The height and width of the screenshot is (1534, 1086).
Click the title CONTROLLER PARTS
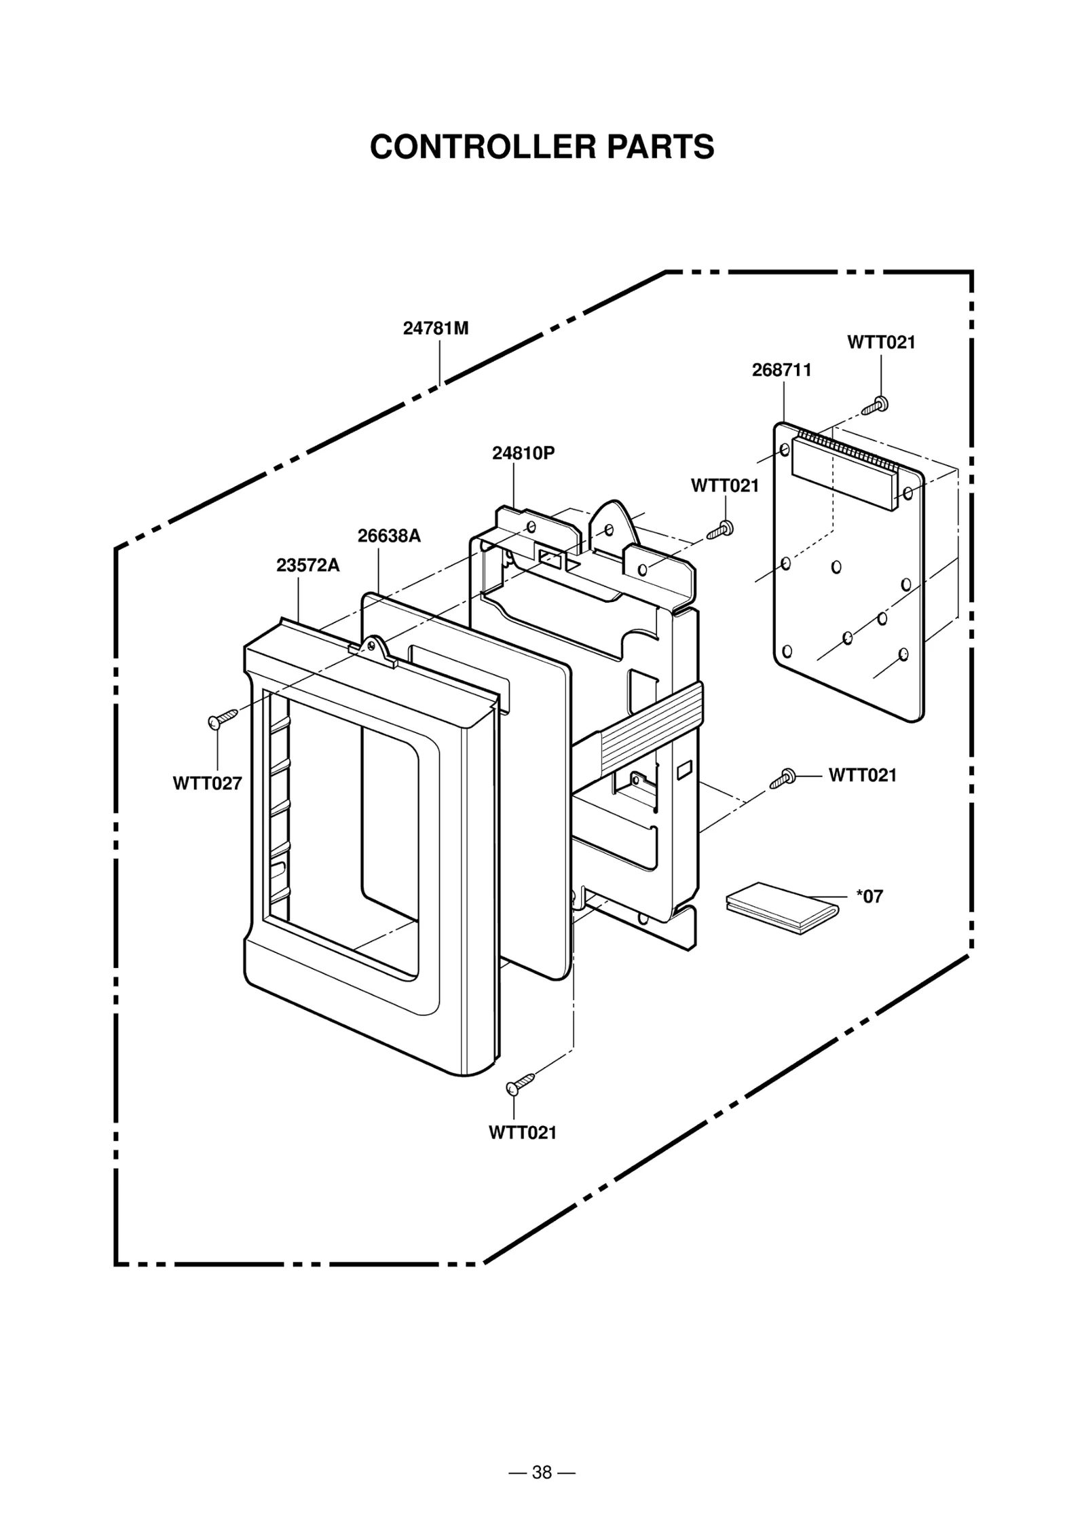click(x=542, y=147)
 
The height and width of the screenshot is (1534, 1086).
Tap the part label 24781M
click(x=436, y=329)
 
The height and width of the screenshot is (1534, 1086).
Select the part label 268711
click(x=781, y=370)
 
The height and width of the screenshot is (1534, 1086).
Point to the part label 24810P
click(x=523, y=453)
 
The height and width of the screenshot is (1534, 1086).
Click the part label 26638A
click(x=389, y=536)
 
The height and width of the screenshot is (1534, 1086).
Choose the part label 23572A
click(x=307, y=565)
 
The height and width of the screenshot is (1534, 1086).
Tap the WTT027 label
click(x=207, y=783)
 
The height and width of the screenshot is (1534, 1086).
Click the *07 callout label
click(x=869, y=896)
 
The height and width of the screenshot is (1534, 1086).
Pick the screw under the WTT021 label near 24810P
click(x=720, y=529)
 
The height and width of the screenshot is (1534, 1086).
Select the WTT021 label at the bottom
click(x=522, y=1132)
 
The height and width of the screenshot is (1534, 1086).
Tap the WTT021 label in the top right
click(x=880, y=342)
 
